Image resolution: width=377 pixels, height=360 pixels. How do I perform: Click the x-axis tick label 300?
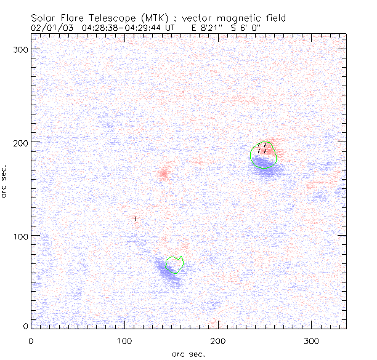(312, 340)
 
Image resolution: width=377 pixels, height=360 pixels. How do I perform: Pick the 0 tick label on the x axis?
(31, 340)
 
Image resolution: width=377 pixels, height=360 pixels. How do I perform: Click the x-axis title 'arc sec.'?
(188, 353)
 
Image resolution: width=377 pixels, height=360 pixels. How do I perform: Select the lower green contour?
(175, 265)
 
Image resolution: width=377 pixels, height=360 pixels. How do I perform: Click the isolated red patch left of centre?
(164, 173)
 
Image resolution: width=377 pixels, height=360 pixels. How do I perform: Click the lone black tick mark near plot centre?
(136, 218)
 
